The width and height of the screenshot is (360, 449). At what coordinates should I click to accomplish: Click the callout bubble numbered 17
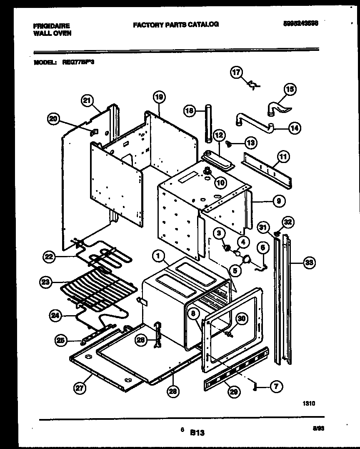(x=236, y=73)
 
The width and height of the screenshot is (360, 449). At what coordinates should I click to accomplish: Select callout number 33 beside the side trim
(x=308, y=263)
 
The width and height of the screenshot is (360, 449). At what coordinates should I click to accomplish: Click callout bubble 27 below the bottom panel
(x=78, y=388)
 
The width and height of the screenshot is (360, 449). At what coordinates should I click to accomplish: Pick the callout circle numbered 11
(x=283, y=158)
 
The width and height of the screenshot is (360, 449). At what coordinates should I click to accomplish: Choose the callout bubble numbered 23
(x=45, y=283)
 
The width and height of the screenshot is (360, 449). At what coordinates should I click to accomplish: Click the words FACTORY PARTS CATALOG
(x=175, y=25)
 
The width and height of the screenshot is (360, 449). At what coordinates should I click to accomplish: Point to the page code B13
(x=197, y=433)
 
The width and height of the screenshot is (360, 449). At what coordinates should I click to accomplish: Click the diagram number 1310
(x=309, y=403)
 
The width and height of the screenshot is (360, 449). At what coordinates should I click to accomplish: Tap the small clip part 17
(x=253, y=85)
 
